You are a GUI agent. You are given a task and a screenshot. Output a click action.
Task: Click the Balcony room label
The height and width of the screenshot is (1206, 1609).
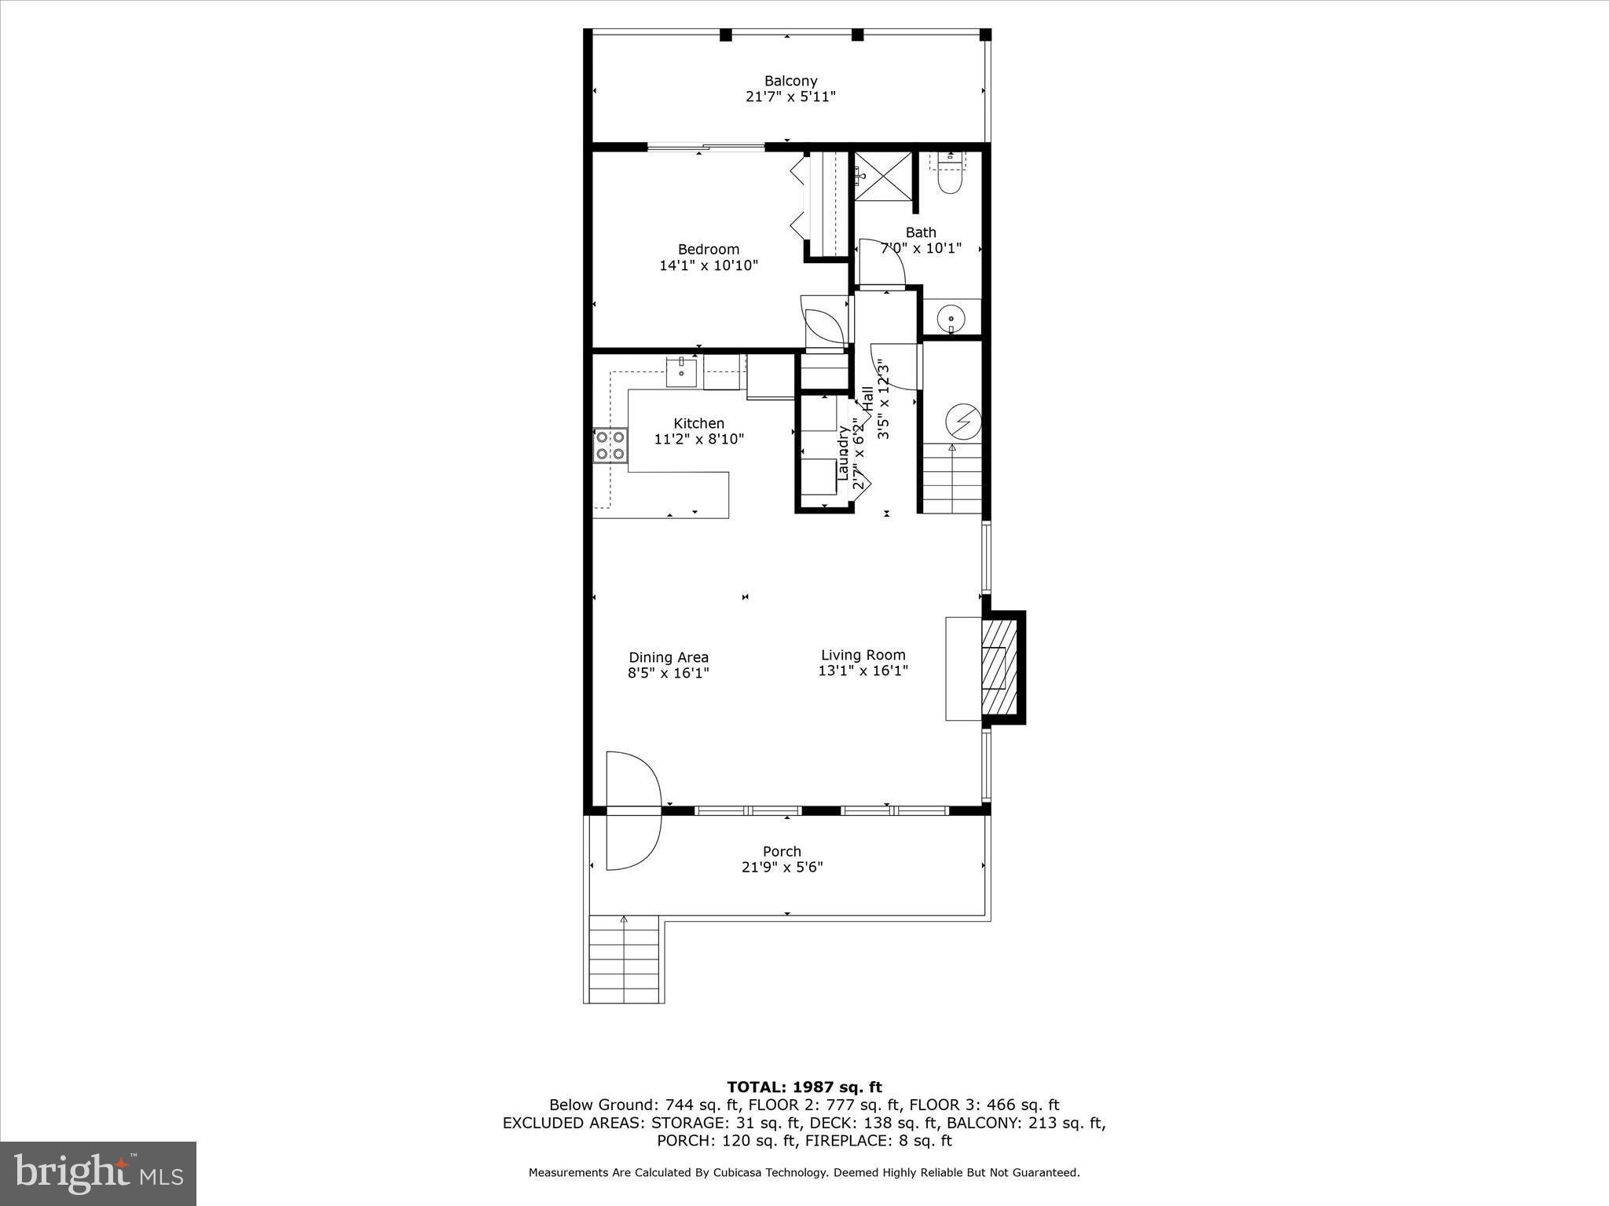790,81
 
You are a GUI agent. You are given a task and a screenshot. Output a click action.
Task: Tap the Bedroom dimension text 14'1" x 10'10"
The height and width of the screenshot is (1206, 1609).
708,265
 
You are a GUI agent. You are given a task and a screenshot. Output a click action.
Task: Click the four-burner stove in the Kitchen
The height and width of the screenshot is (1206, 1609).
610,445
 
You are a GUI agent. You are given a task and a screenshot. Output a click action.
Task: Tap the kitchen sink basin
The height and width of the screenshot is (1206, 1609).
681,371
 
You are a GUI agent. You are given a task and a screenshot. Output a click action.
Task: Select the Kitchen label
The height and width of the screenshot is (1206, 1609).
698,423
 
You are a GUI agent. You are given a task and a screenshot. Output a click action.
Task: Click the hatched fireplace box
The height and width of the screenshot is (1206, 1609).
999,667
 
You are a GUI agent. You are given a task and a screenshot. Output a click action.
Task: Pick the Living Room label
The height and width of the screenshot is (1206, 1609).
863,655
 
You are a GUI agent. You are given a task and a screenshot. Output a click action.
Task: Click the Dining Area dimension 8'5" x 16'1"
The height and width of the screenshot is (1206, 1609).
668,673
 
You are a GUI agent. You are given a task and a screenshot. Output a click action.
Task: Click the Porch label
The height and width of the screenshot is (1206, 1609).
782,851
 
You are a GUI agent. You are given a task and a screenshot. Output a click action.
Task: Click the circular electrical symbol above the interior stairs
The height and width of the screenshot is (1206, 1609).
963,422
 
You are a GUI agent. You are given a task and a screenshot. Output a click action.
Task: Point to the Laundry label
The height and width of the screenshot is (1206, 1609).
843,453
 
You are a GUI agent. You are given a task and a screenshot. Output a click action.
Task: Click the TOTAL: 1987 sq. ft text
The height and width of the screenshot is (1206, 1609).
804,1087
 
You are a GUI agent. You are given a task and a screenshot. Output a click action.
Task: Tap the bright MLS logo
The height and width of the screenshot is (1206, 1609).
97,1173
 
